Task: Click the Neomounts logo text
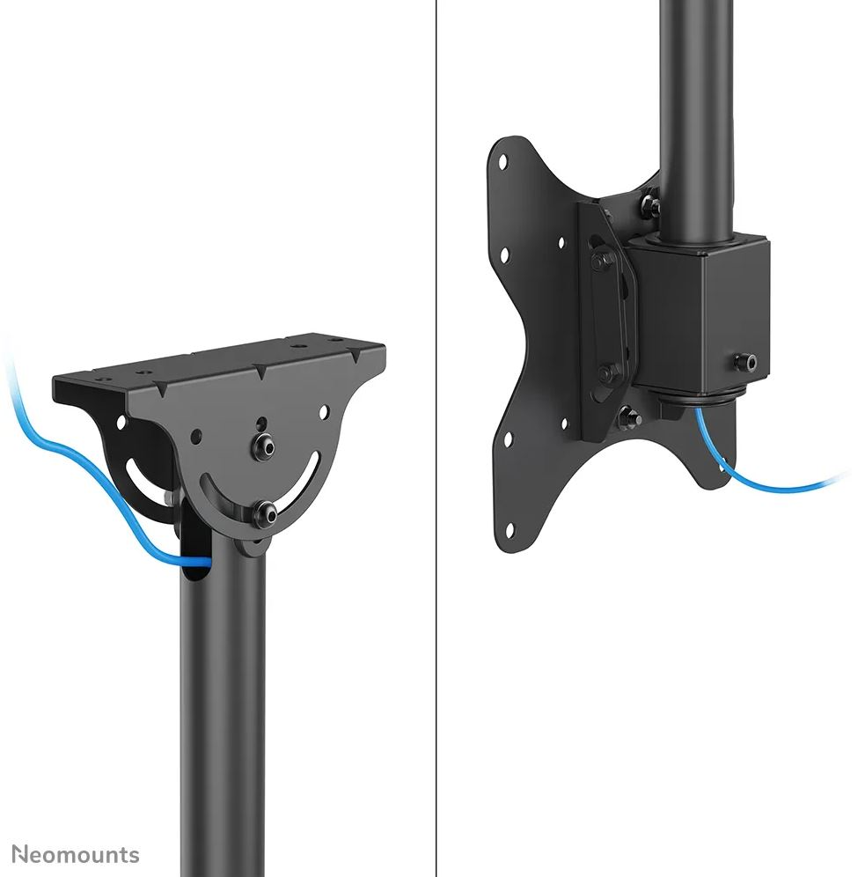pos(76,854)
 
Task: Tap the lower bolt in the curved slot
pos(263,512)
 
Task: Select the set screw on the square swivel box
pos(748,361)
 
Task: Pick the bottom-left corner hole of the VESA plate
pos(508,531)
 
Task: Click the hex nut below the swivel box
pos(629,416)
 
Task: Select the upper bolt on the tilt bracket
pos(602,262)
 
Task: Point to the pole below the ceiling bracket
pos(223,704)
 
